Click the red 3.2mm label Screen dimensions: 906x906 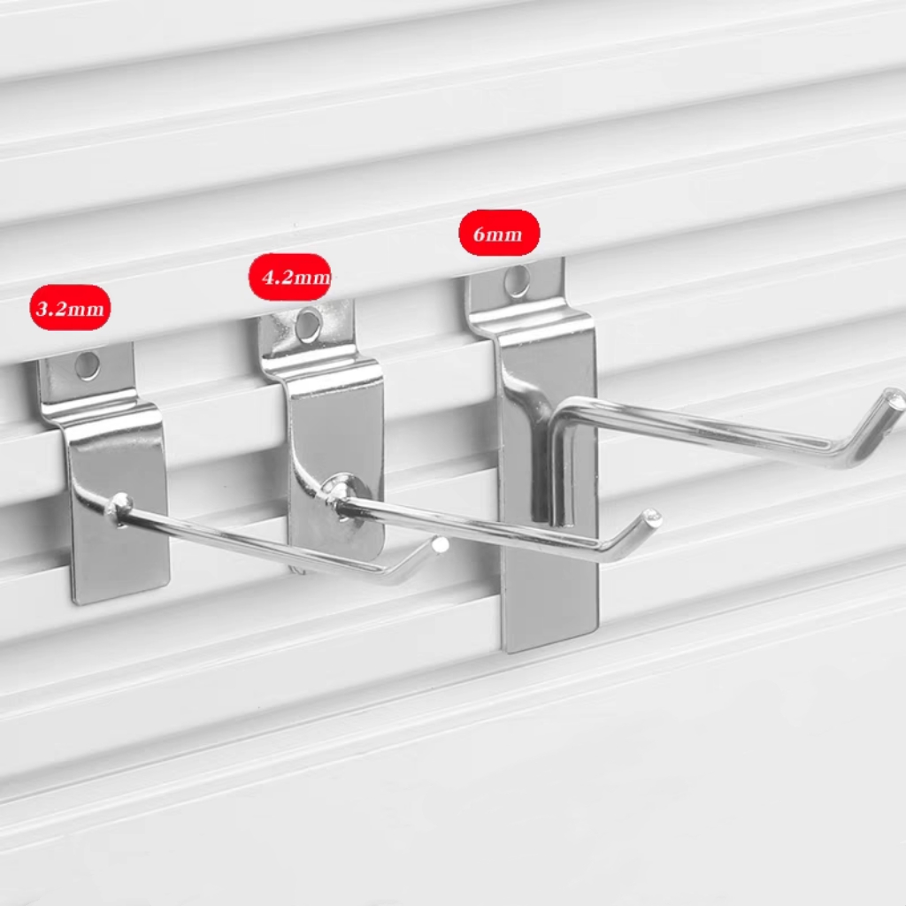pos(70,307)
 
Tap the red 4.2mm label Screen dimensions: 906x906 pos(290,277)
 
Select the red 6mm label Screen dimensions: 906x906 pos(499,233)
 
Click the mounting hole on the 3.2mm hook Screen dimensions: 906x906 pos(88,365)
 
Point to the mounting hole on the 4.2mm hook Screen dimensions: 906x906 pos(309,324)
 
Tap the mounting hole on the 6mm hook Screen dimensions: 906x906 pos(517,280)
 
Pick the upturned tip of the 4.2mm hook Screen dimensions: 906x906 pos(652,516)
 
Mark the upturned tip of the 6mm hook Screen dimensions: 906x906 pos(895,399)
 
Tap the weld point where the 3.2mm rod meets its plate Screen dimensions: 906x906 pos(119,507)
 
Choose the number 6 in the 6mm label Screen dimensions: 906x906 pos(479,234)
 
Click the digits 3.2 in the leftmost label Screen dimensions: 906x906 pos(50,308)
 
